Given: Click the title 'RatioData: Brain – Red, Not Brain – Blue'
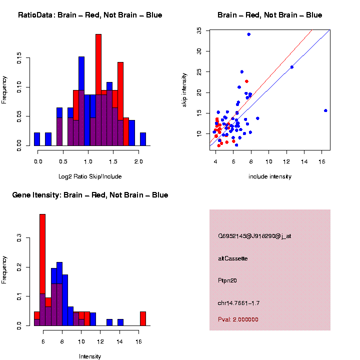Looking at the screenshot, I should pos(90,15).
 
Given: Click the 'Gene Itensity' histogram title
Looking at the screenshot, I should pos(90,195).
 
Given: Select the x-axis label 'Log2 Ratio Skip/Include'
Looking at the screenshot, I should pos(90,176).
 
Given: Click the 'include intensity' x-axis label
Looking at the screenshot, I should pos(270,176).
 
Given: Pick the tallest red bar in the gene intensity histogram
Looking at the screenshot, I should pos(42,250).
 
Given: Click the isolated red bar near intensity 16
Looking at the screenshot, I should pos(143,318).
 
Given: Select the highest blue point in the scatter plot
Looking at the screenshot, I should pos(248,34).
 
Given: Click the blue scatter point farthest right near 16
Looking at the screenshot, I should pos(325,110).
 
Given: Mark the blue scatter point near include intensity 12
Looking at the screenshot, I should pos(292,67).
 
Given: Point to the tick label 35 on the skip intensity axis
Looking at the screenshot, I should pos(199,30).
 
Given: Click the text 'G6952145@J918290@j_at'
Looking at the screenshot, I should pos(254,236).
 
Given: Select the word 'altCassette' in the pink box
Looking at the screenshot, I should pos(233,258).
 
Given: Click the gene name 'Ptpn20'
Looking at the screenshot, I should pos(227,280).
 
